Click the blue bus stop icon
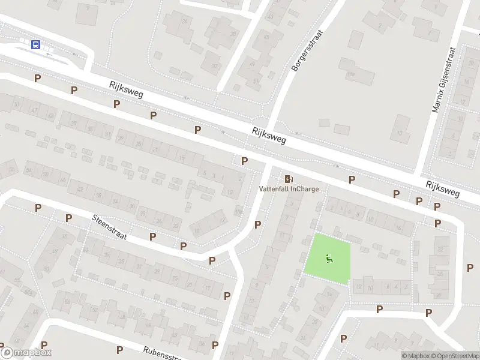point(36,44)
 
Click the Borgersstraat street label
point(307,51)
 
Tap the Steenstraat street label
point(109,228)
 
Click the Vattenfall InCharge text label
point(289,189)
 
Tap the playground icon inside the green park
point(328,259)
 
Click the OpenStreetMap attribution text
point(454,356)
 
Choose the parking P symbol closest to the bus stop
point(37,78)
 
